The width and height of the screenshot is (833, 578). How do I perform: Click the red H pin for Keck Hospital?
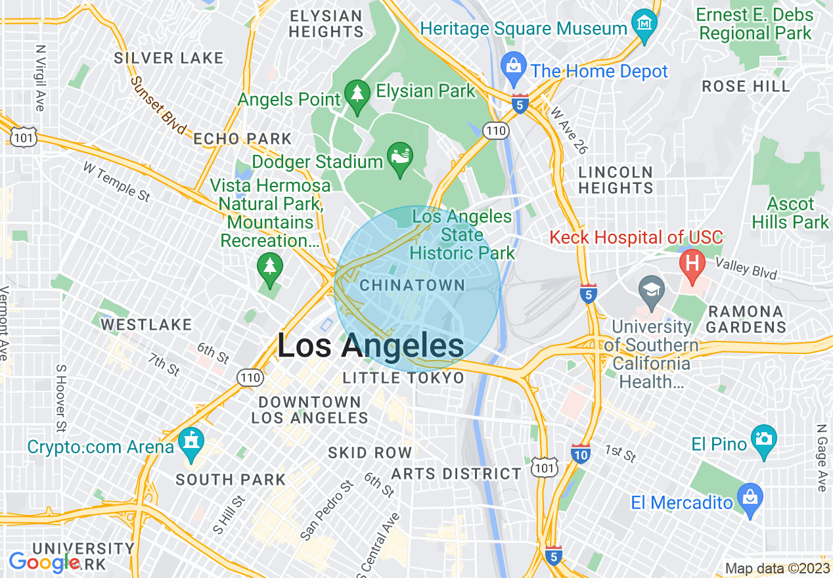click(691, 263)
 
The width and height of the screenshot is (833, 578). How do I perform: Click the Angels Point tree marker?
click(357, 95)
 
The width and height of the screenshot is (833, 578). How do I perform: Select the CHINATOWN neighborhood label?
click(413, 286)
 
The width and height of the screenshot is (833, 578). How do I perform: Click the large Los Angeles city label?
click(371, 346)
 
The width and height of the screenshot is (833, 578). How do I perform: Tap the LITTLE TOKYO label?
click(403, 378)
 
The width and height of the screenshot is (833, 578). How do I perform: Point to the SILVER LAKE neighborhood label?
click(169, 58)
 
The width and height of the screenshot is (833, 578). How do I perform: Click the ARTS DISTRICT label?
click(456, 474)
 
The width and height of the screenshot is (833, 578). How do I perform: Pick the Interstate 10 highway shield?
click(580, 453)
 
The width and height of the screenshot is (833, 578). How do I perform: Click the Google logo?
click(45, 562)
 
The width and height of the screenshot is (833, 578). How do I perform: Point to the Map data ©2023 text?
click(777, 568)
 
